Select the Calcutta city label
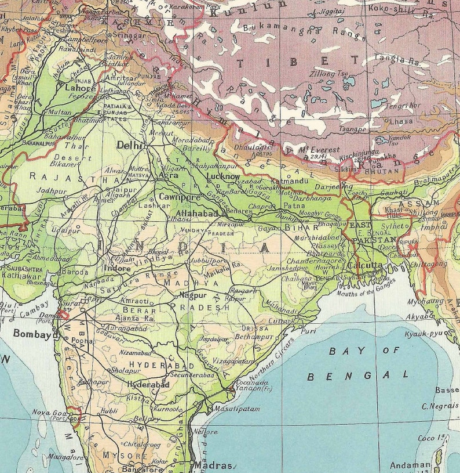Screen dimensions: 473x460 pyautogui.click(x=366, y=265)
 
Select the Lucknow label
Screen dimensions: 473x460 pyautogui.click(x=223, y=176)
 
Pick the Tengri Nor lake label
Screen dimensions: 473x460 pyautogui.click(x=403, y=106)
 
